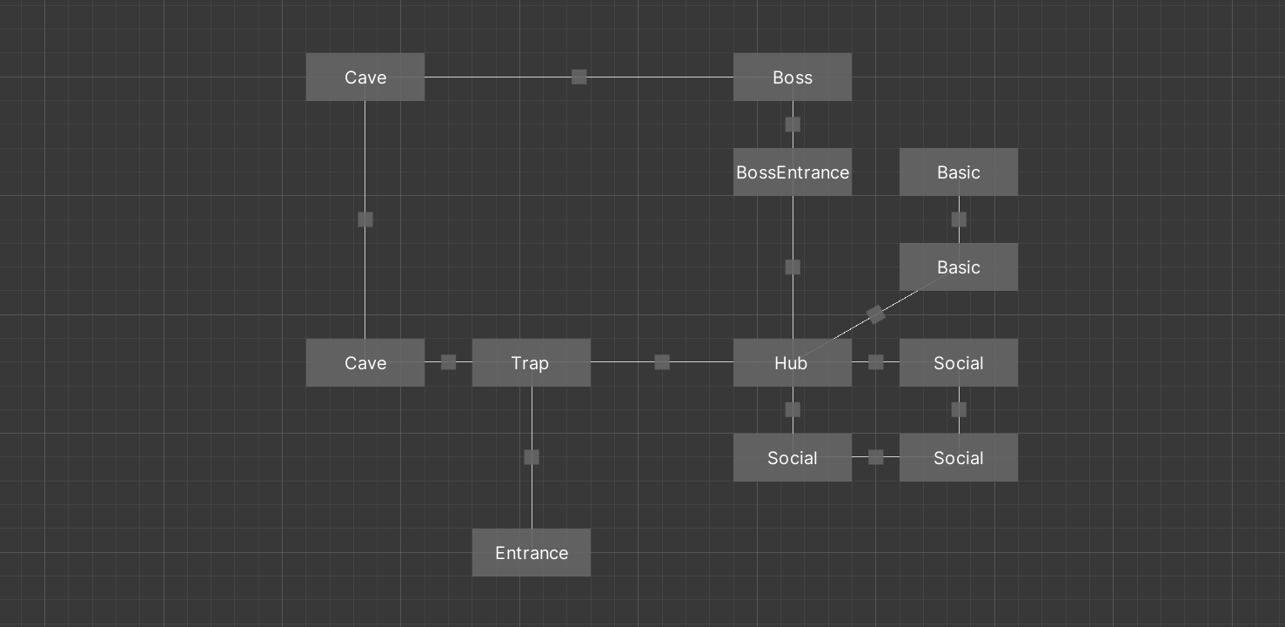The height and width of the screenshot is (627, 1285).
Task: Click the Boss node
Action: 793,78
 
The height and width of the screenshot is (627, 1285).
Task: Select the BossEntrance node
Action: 793,172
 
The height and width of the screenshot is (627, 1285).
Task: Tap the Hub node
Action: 793,362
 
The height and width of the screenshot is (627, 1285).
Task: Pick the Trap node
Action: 531,362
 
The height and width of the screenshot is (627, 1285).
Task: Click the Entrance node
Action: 531,553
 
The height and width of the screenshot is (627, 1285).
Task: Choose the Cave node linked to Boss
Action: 365,78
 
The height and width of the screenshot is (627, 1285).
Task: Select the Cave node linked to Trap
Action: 365,362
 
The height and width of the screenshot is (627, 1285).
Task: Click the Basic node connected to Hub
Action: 958,267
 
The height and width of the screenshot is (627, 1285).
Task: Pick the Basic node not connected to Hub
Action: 958,172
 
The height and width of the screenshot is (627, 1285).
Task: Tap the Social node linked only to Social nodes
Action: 958,458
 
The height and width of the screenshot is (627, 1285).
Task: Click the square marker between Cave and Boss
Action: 579,78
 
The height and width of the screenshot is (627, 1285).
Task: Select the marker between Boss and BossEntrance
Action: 793,125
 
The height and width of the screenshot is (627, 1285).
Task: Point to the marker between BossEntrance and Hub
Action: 793,267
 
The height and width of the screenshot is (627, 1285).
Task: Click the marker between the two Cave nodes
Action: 365,219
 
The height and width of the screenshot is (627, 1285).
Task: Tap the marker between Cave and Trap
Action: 448,362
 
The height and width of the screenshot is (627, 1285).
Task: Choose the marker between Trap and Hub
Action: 662,362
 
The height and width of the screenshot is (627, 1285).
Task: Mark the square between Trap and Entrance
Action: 532,457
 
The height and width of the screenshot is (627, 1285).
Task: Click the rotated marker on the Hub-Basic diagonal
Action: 876,314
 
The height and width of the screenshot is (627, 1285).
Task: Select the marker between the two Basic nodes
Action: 959,219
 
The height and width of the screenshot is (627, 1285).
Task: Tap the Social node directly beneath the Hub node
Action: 793,458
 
